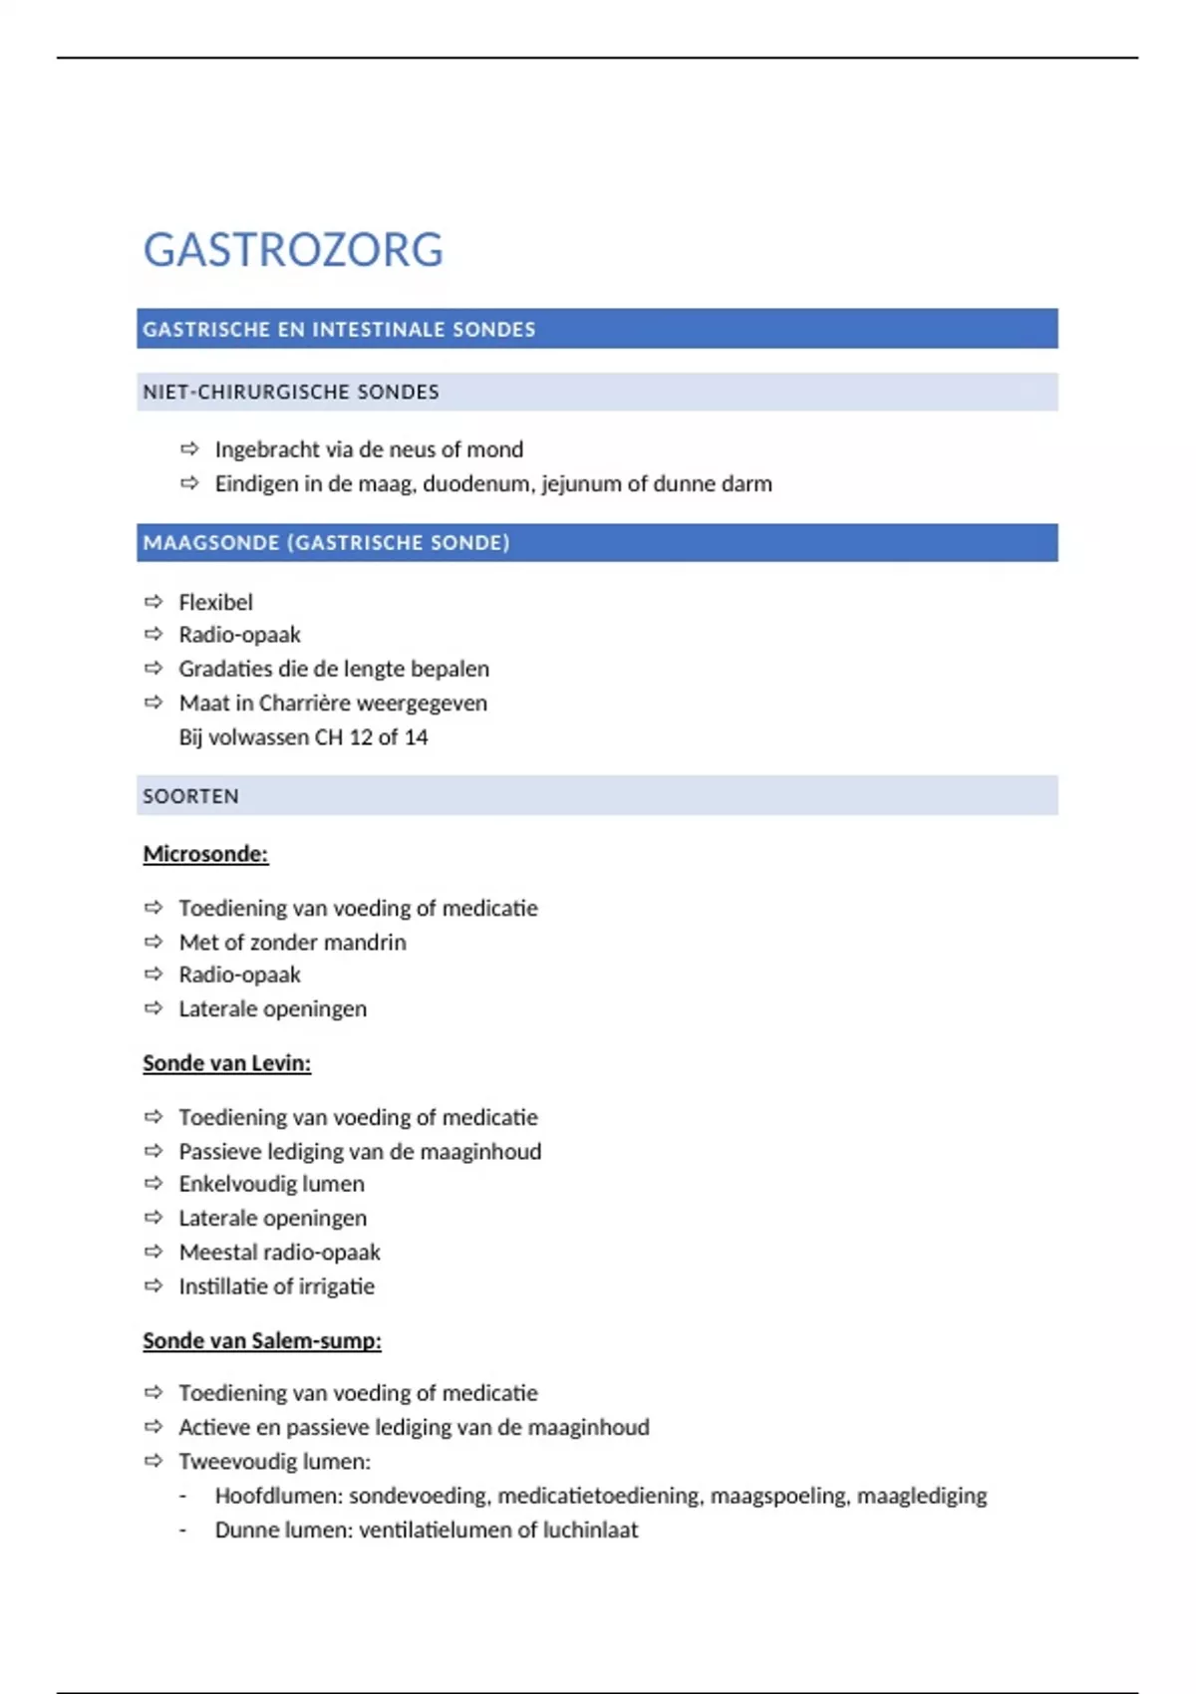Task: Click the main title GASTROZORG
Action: coord(293,250)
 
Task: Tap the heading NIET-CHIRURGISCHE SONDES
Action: coord(291,393)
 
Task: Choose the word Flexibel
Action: coord(215,602)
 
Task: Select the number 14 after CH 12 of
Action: coord(416,737)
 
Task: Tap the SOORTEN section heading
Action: coord(190,796)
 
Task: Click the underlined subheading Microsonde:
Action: coord(205,854)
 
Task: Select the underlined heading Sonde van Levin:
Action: coord(226,1063)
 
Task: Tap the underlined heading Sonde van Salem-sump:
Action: coord(262,1341)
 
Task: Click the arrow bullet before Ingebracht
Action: coord(189,449)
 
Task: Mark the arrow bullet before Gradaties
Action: coord(153,669)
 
